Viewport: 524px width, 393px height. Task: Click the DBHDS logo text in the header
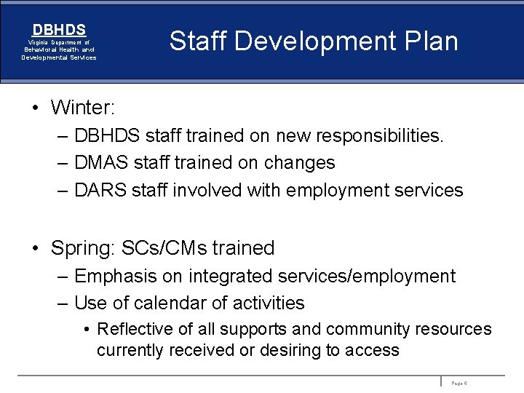59,30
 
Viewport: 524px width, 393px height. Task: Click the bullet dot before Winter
34,108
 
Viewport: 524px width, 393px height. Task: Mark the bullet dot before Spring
34,248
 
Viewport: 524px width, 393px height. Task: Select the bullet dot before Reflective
87,330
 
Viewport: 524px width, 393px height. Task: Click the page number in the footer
459,382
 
